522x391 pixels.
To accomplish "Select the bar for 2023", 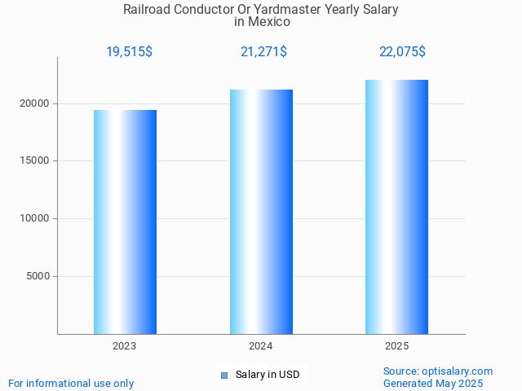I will click(x=125, y=222).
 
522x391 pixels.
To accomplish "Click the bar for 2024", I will click(x=261, y=212).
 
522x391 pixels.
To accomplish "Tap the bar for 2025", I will click(x=396, y=207).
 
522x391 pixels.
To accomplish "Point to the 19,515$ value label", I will click(x=129, y=52).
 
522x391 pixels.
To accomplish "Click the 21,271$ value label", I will click(x=263, y=52).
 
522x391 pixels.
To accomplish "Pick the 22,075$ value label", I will click(x=402, y=52).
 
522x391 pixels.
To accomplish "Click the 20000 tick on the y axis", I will click(x=35, y=103).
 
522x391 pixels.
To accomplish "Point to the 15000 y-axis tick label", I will click(x=35, y=160).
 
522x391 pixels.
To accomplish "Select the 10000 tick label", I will click(x=35, y=218).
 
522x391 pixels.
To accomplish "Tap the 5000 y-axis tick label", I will click(x=38, y=276).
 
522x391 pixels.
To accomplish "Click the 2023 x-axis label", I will click(x=125, y=346).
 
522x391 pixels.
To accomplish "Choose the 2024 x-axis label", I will click(x=261, y=346).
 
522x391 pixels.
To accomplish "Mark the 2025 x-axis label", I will click(x=396, y=346).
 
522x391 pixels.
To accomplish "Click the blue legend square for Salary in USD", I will click(x=224, y=376).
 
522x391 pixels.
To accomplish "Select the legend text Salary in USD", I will click(x=268, y=375).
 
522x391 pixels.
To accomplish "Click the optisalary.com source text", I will click(x=457, y=371).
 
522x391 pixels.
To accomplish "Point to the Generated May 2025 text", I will click(x=433, y=384).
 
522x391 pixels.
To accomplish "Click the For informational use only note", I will click(x=71, y=384).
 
